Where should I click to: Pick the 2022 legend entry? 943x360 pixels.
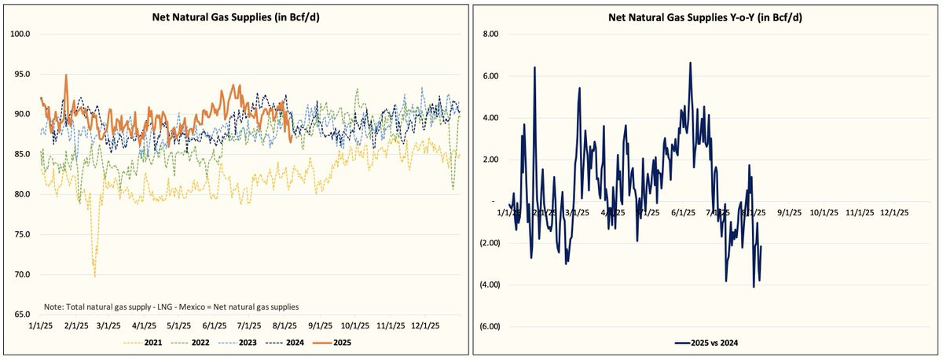(201, 343)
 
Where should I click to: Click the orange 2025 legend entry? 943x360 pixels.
(337, 343)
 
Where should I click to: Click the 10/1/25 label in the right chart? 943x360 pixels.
(824, 212)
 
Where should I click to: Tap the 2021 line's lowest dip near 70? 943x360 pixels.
(95, 276)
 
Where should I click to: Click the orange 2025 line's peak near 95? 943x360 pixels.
(66, 75)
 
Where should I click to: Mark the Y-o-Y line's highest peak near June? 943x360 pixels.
(690, 62)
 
